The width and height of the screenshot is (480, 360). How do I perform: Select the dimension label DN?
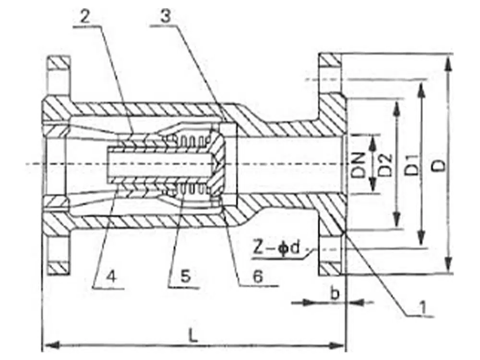click(x=361, y=165)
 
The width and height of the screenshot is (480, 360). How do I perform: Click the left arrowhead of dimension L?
click(x=47, y=344)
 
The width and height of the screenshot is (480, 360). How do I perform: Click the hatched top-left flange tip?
click(x=59, y=62)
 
